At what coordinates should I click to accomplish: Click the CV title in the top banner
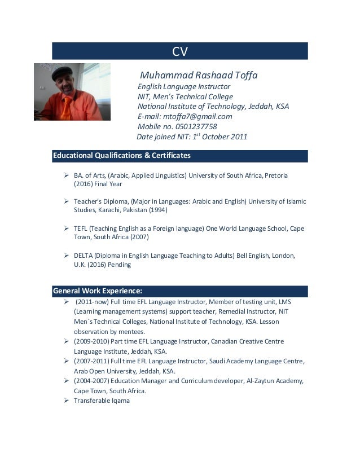(179, 52)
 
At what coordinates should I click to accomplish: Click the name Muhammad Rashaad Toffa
(198, 75)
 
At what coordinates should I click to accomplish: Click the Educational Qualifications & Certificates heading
(121, 155)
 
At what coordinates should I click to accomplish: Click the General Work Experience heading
(97, 291)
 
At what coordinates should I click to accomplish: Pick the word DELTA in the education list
(82, 255)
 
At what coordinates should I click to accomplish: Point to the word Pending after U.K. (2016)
(121, 264)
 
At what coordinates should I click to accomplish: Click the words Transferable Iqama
(102, 401)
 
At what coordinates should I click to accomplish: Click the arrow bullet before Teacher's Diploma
(66, 201)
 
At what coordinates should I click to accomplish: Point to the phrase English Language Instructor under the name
(184, 86)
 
